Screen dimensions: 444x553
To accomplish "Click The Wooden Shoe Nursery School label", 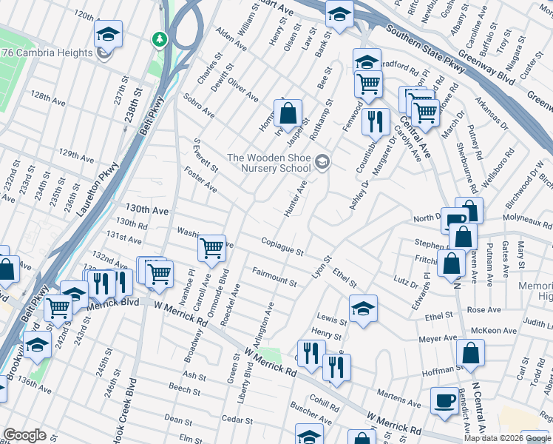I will click(268, 163).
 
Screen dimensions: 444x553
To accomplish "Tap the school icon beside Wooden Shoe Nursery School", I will click(322, 161).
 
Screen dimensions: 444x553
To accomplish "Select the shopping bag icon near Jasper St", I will click(288, 115).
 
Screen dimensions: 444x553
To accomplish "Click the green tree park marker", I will click(158, 38).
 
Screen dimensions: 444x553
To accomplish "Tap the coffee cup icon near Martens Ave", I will click(444, 400).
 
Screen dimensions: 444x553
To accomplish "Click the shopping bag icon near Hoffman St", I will click(471, 354).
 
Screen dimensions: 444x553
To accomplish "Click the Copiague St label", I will click(282, 246).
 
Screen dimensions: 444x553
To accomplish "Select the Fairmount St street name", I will click(274, 278).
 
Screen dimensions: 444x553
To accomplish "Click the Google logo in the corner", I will click(24, 435).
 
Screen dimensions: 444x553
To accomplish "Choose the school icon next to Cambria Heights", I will click(108, 34).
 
